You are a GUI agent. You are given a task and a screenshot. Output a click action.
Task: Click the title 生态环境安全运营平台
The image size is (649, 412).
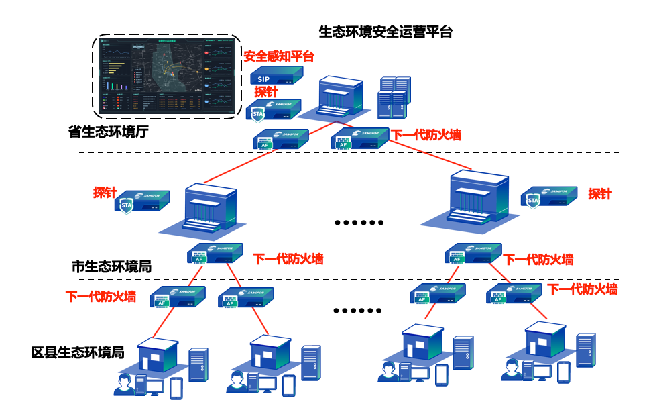point(386,32)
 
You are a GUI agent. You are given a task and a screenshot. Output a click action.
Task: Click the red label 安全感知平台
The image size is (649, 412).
point(278,56)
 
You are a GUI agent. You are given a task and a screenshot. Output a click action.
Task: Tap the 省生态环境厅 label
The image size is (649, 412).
point(109,132)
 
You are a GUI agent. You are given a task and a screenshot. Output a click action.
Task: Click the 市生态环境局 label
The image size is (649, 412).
point(111,266)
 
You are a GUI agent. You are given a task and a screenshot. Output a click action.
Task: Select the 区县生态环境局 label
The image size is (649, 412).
point(78,352)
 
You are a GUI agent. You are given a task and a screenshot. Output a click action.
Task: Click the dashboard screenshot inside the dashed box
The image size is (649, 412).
point(166,76)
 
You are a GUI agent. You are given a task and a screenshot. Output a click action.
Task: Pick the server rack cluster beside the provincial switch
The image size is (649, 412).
point(394,97)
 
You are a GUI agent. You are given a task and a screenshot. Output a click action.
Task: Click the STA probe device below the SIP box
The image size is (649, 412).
point(273,111)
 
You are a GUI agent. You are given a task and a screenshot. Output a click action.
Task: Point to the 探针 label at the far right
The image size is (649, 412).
point(600,194)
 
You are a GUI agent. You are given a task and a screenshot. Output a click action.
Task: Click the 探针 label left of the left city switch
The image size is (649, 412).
point(105,193)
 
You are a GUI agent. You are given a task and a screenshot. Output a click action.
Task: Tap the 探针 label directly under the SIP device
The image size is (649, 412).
point(266,92)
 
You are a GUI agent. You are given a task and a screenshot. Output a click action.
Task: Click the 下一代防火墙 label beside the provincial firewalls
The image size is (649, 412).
point(426,135)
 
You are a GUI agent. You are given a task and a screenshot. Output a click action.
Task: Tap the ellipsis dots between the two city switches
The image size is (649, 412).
point(359,223)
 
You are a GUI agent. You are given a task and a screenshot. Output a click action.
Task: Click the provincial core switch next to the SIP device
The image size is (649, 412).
point(339,96)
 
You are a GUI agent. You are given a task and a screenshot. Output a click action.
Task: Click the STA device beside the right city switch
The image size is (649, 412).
point(548,197)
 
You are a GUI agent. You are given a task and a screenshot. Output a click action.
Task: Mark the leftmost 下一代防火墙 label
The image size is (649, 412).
point(101,296)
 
